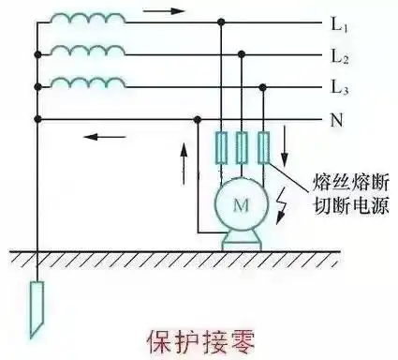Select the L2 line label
coord(340,56)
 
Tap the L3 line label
coord(340,88)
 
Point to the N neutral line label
coord(337,120)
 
